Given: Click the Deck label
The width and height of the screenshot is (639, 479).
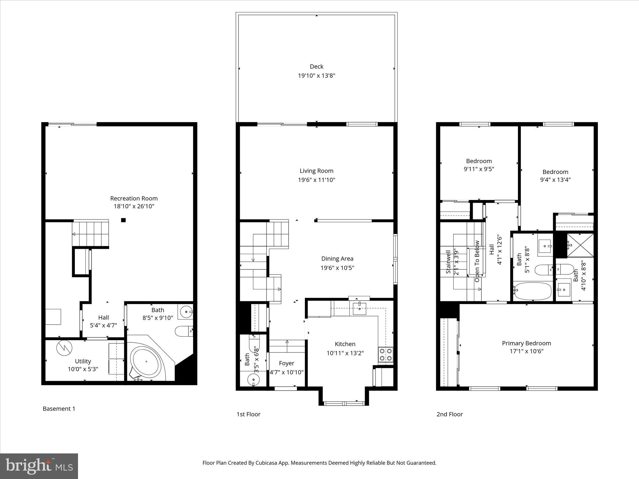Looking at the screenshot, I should tap(316, 66).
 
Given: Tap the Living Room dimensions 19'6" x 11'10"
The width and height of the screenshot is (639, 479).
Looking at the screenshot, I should tap(316, 180).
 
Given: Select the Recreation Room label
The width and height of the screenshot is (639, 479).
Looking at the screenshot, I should tap(134, 198).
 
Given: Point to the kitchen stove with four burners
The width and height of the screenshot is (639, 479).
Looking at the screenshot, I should tap(385, 355).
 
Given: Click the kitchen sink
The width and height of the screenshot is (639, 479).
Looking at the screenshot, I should tap(359, 308).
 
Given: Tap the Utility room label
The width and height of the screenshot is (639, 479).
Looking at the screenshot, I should tap(83, 361).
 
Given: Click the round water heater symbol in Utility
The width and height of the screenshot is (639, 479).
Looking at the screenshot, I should tap(64, 348).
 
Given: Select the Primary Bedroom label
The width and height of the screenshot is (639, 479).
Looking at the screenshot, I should tap(526, 343).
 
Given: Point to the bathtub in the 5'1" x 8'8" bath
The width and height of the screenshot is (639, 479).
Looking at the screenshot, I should tap(532, 291).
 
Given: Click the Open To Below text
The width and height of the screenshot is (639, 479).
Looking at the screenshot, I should tap(477, 261).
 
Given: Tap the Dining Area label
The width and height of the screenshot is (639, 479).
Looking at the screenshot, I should tap(337, 259).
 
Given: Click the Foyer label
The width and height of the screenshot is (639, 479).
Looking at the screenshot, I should tap(286, 363).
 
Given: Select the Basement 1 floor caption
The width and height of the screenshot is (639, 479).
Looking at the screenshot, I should tap(59, 409).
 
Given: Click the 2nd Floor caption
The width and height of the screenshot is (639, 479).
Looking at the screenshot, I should tap(449, 414).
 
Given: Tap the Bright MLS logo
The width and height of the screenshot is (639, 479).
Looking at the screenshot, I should tap(39, 466).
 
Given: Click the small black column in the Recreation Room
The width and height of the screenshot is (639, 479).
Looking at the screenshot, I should tap(123, 220).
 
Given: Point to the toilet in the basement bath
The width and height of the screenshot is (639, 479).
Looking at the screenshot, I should tap(184, 331).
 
